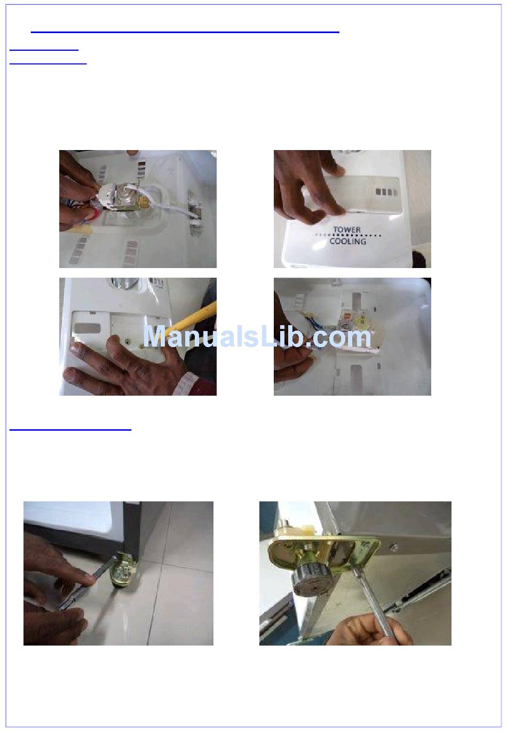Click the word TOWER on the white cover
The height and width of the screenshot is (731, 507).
[347, 230]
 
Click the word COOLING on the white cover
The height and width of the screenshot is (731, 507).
[348, 241]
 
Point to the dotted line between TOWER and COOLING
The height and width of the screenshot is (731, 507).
[348, 235]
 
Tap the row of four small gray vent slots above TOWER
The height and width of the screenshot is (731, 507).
[386, 192]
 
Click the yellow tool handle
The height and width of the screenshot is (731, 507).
[193, 320]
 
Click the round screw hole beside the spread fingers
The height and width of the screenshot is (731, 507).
[126, 342]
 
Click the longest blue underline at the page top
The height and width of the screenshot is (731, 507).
[185, 33]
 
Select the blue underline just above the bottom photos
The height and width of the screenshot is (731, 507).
[70, 430]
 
